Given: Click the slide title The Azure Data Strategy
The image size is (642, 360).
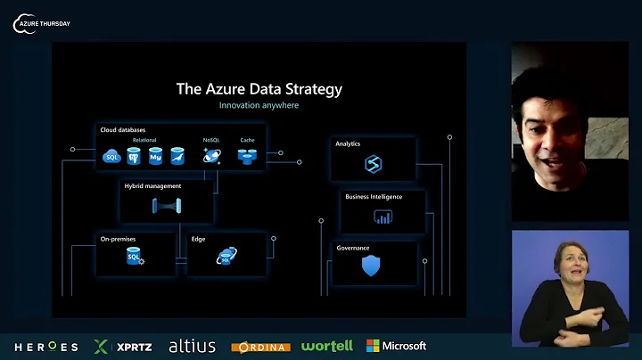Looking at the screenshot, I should click(x=259, y=89).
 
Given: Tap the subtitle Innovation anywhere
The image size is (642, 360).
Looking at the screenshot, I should click(x=259, y=105).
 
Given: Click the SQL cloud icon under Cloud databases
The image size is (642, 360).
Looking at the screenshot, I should click(x=111, y=158).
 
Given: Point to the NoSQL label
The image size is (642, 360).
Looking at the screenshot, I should click(x=210, y=140).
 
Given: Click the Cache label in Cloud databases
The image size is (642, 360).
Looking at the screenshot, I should click(x=247, y=140).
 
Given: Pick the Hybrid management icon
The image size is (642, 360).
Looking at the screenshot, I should click(x=167, y=206).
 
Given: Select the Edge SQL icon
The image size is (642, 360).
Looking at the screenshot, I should click(x=226, y=258).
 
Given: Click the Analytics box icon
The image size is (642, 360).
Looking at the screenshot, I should click(x=374, y=164).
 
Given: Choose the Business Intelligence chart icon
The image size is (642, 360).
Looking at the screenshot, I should click(x=383, y=216).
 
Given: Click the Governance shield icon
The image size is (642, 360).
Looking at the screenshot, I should click(x=371, y=266).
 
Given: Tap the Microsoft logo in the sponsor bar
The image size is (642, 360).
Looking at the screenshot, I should click(x=396, y=346).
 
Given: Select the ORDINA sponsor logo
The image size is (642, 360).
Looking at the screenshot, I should click(x=260, y=347).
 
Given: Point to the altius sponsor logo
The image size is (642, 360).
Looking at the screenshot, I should click(x=192, y=346).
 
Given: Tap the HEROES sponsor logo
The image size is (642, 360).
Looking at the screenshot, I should click(x=45, y=346).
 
